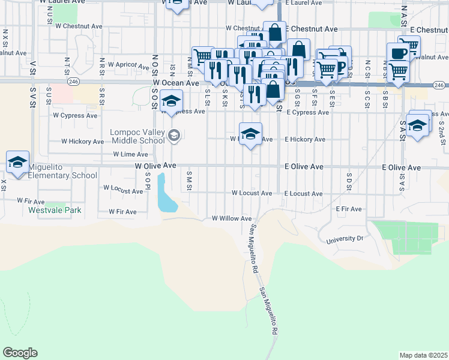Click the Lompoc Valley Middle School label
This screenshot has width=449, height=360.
click(137, 136)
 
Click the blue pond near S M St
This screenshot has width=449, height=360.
click(166, 194)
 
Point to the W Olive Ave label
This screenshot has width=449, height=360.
click(155, 165)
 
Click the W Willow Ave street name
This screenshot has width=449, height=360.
click(232, 218)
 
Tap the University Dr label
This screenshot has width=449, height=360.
click(345, 239)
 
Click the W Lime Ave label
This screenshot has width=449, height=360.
click(130, 154)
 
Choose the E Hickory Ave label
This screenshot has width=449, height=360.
click(305, 139)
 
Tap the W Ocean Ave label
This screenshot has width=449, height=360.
click(176, 83)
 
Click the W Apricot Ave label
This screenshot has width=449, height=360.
click(127, 66)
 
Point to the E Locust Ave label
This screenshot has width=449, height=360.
click(304, 194)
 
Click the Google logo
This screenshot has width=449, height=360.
click(20, 353)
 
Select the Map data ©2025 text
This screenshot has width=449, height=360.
click(423, 355)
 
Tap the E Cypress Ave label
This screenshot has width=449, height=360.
click(308, 112)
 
